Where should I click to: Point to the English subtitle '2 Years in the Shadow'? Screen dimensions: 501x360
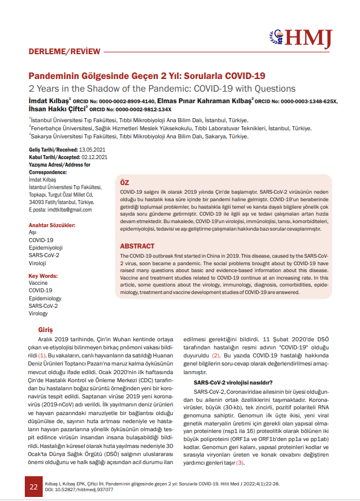coord(162,89)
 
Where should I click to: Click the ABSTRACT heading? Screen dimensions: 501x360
coord(137,246)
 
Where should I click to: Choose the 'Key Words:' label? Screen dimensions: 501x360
coord(44,276)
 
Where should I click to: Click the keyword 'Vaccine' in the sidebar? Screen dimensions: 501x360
coord(38,283)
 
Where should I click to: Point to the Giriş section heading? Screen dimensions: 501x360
coord(45,330)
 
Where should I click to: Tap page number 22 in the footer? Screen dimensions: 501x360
coord(33,487)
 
